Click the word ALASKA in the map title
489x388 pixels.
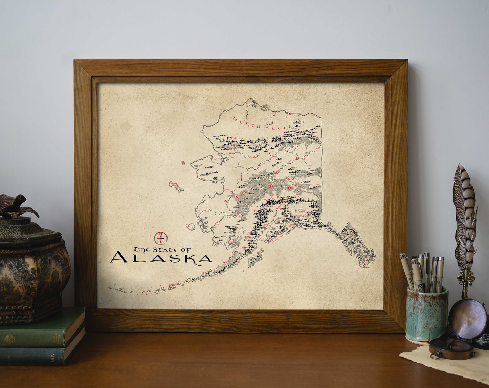click(x=161, y=258)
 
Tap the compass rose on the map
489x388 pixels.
click(x=161, y=238)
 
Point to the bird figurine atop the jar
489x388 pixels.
click(x=15, y=206)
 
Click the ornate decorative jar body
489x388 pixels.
click(x=34, y=271)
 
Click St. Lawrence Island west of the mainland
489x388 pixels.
click(x=177, y=186)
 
